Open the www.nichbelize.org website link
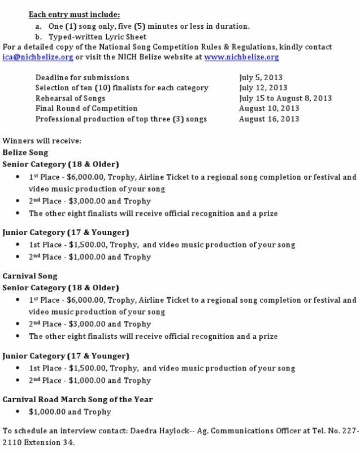[x=241, y=57]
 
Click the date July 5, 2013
[x=261, y=77]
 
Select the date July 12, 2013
[x=263, y=88]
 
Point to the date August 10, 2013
[x=268, y=108]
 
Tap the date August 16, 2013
[x=268, y=119]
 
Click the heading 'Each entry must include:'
[x=75, y=14]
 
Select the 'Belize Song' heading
[x=25, y=153]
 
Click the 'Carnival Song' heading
[x=30, y=276]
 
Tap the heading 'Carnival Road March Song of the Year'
[x=77, y=399]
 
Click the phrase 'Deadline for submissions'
[x=82, y=77]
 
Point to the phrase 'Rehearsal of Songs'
[x=70, y=98]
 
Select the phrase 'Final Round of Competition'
[x=86, y=108]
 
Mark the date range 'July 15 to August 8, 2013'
[x=285, y=98]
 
